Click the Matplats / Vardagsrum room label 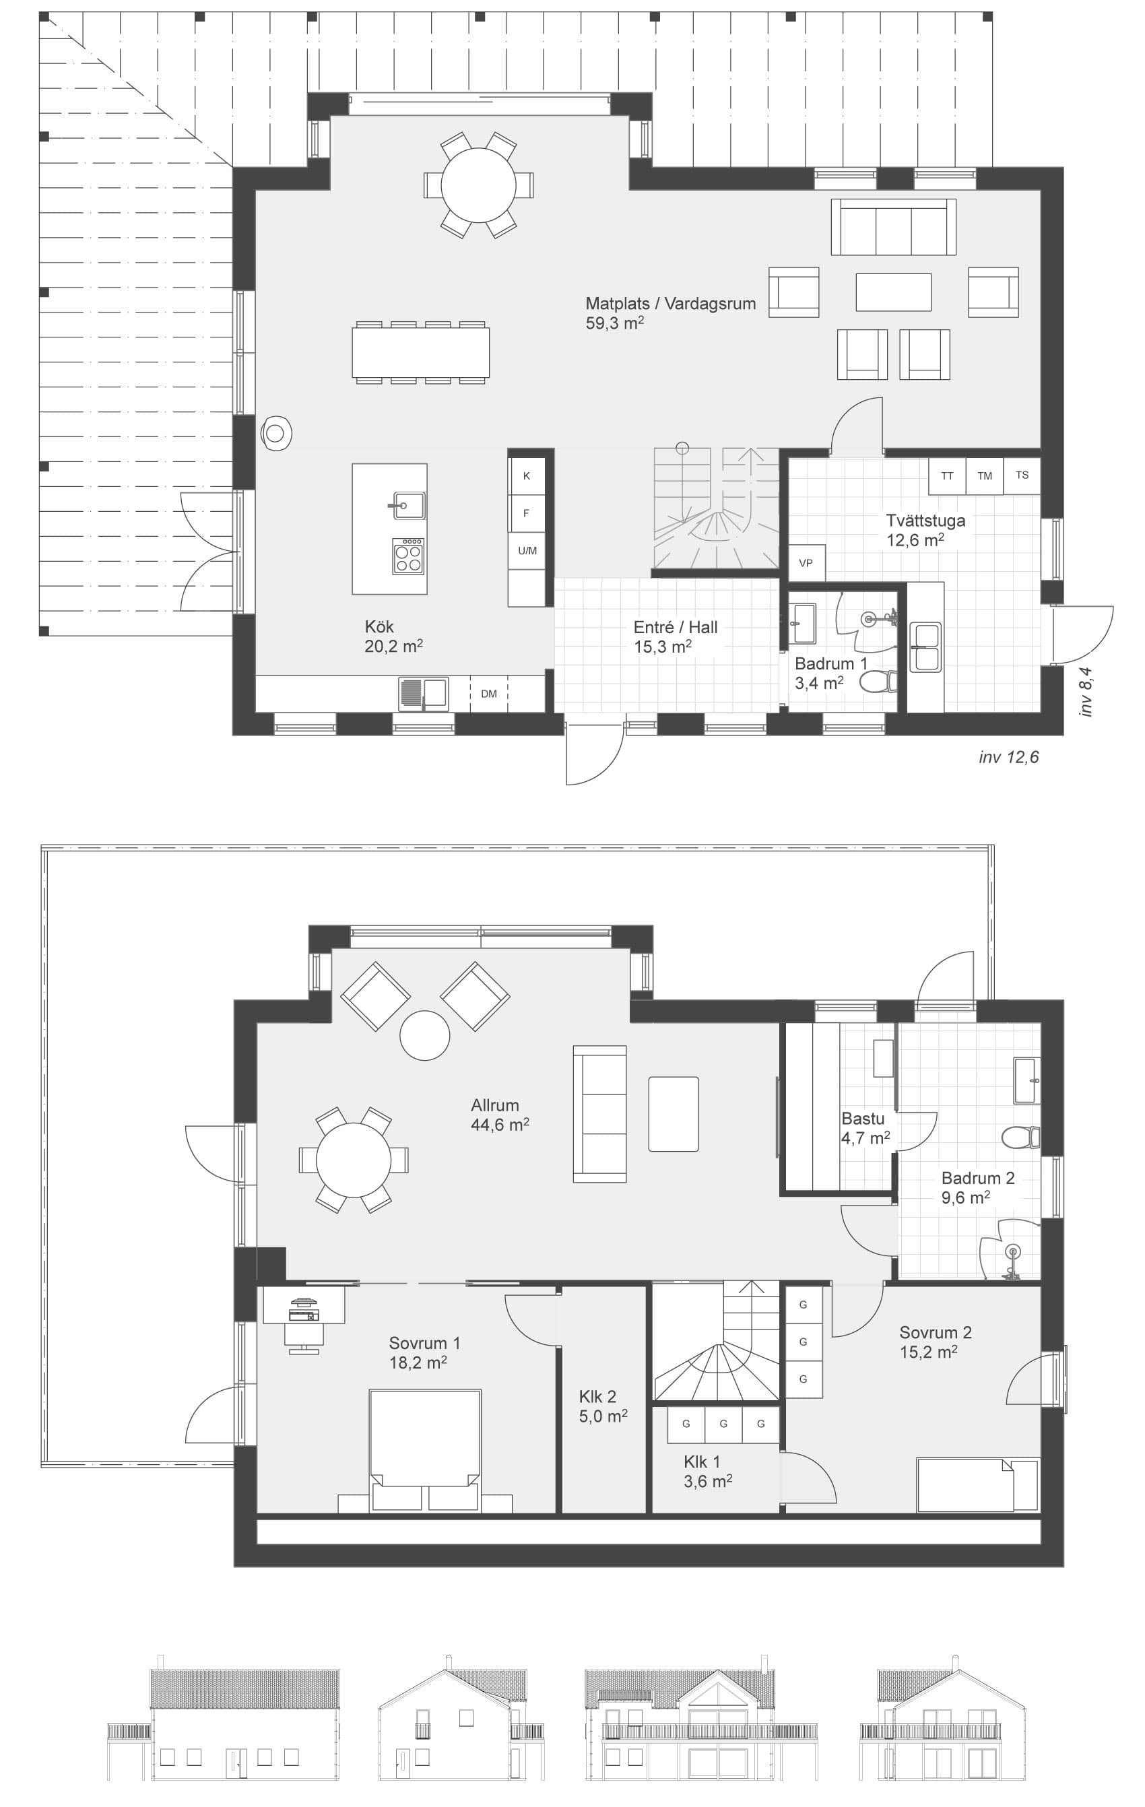[x=670, y=304]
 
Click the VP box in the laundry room [x=806, y=563]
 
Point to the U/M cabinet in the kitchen [x=527, y=551]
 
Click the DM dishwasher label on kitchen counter [x=488, y=694]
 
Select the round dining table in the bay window [x=479, y=185]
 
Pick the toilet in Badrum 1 [x=876, y=682]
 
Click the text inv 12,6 [x=1008, y=757]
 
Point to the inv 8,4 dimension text [x=1086, y=692]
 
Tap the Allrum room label [x=494, y=1105]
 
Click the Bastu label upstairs [x=862, y=1119]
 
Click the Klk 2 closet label [x=597, y=1397]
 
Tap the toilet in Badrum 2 [x=1020, y=1138]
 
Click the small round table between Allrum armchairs [x=425, y=1036]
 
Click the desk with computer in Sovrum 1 [x=304, y=1307]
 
